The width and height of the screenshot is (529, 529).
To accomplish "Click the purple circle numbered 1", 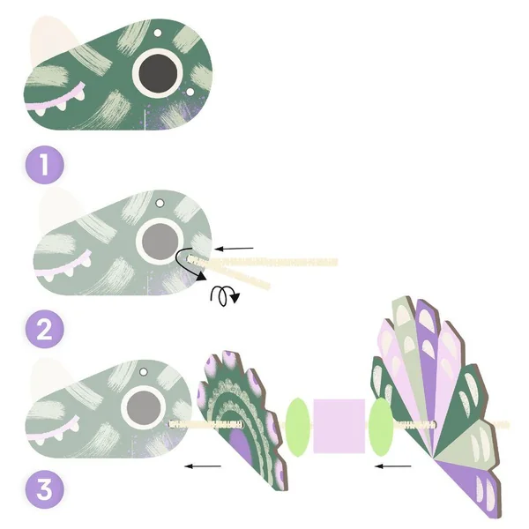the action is pyautogui.click(x=45, y=165).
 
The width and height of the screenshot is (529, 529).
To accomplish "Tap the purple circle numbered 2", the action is pyautogui.click(x=45, y=329).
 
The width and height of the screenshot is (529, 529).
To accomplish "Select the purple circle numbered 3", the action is pyautogui.click(x=45, y=489).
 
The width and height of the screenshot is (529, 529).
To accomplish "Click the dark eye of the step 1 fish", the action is pyautogui.click(x=158, y=72).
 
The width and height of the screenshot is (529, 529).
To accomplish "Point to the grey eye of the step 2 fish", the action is pyautogui.click(x=160, y=241).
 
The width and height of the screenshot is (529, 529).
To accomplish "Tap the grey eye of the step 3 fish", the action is pyautogui.click(x=144, y=408).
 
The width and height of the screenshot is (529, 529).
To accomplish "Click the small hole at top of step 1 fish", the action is pyautogui.click(x=158, y=33).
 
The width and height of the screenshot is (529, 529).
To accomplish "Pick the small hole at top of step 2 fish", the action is pyautogui.click(x=160, y=203).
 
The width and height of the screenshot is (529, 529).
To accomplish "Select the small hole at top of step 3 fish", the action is pyautogui.click(x=144, y=372).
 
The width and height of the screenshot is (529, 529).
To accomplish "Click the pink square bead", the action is pyautogui.click(x=339, y=426).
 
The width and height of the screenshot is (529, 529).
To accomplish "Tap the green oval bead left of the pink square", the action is pyautogui.click(x=298, y=427).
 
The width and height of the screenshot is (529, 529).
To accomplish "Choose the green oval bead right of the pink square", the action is pyautogui.click(x=381, y=427).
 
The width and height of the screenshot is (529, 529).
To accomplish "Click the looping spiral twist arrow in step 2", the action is pyautogui.click(x=223, y=296).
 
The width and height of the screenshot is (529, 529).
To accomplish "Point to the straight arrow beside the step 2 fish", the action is pyautogui.click(x=235, y=249).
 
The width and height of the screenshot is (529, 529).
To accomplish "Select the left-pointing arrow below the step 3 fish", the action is pyautogui.click(x=203, y=466).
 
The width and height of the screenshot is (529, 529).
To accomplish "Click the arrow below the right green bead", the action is pyautogui.click(x=393, y=466).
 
